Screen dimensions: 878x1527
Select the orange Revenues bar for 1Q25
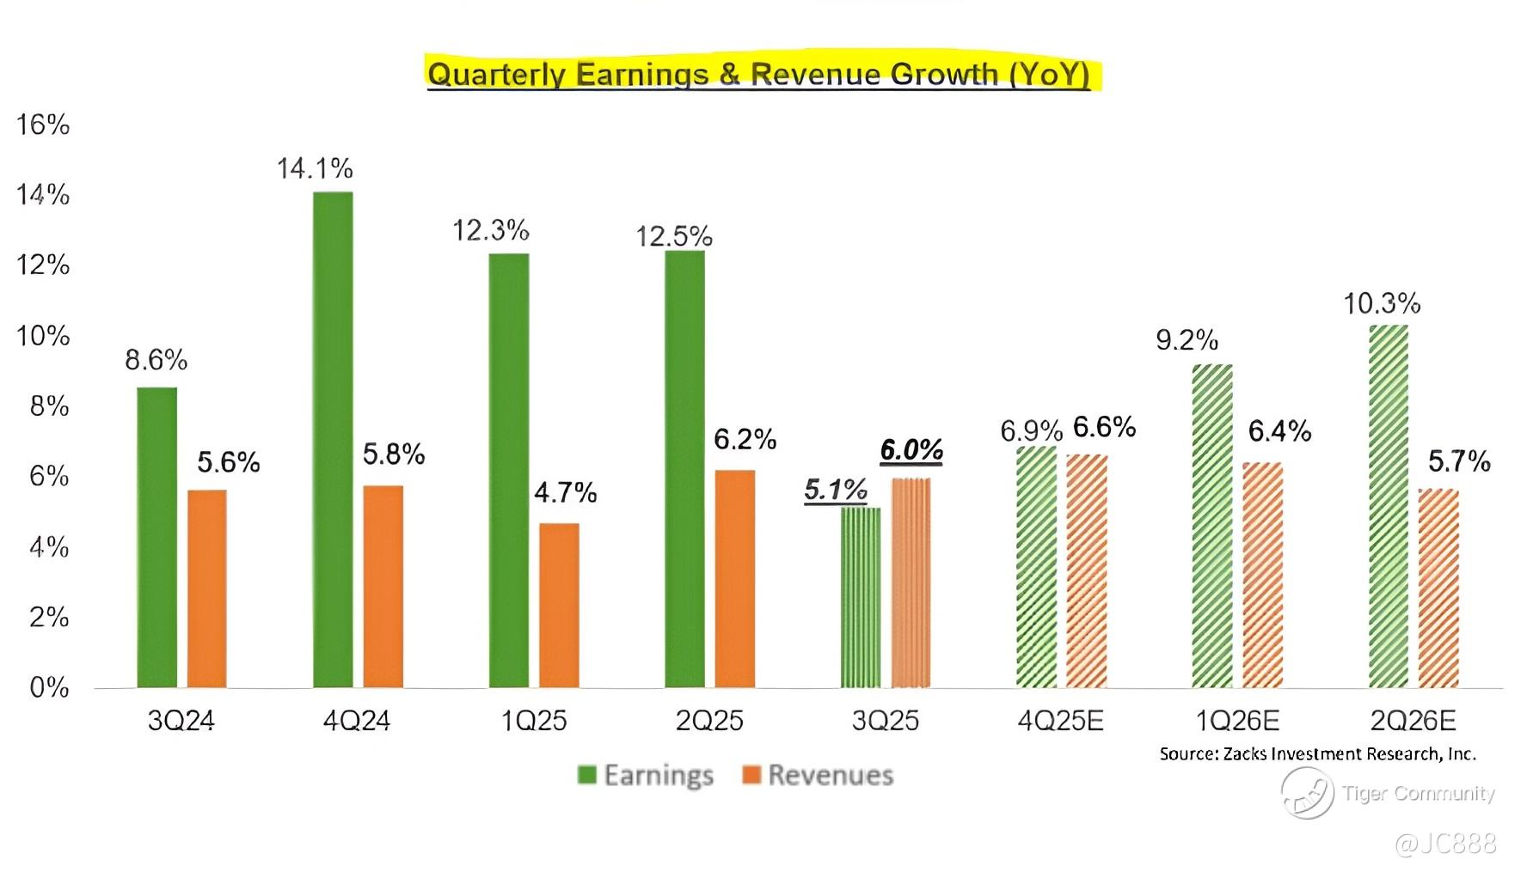[559, 605]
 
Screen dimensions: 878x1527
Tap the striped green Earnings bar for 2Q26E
[1388, 507]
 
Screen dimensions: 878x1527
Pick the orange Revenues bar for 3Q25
[911, 582]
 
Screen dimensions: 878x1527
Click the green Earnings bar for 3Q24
[156, 537]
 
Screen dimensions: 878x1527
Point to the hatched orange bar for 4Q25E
[1087, 570]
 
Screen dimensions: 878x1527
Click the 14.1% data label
[315, 168]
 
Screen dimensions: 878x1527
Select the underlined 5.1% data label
[836, 490]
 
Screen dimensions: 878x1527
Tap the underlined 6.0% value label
[911, 449]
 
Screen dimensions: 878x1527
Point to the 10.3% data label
[1382, 303]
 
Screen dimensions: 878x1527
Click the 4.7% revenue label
[565, 492]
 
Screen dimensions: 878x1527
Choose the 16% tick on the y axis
[43, 125]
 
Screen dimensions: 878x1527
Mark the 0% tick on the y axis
[49, 687]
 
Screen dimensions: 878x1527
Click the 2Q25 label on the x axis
[708, 720]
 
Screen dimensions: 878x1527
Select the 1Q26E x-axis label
[1236, 720]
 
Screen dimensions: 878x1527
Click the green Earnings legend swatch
[587, 775]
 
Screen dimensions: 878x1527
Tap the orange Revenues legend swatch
[751, 775]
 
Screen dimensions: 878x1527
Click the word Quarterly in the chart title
[496, 74]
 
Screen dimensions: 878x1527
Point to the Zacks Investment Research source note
[1317, 754]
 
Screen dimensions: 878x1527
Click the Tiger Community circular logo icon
[1307, 792]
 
